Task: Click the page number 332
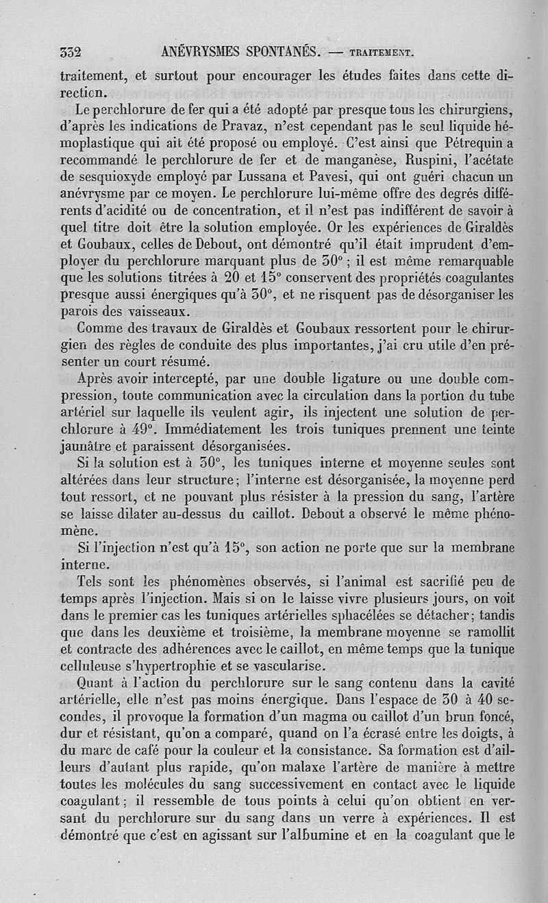tap(71, 52)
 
